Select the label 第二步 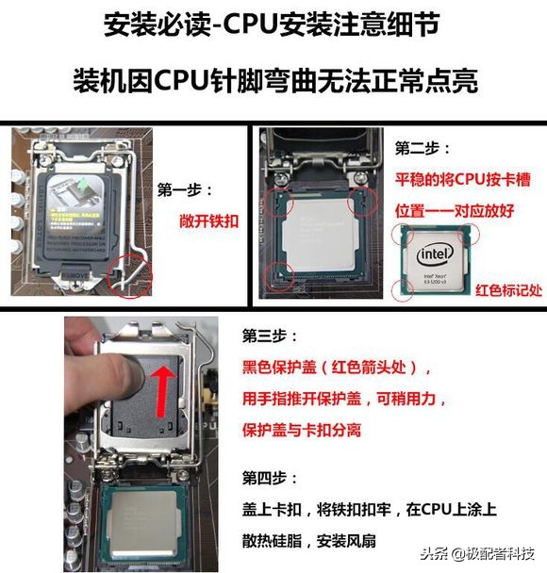coord(423,150)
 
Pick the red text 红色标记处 coord(508,289)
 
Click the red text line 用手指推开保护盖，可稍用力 coord(345,399)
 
